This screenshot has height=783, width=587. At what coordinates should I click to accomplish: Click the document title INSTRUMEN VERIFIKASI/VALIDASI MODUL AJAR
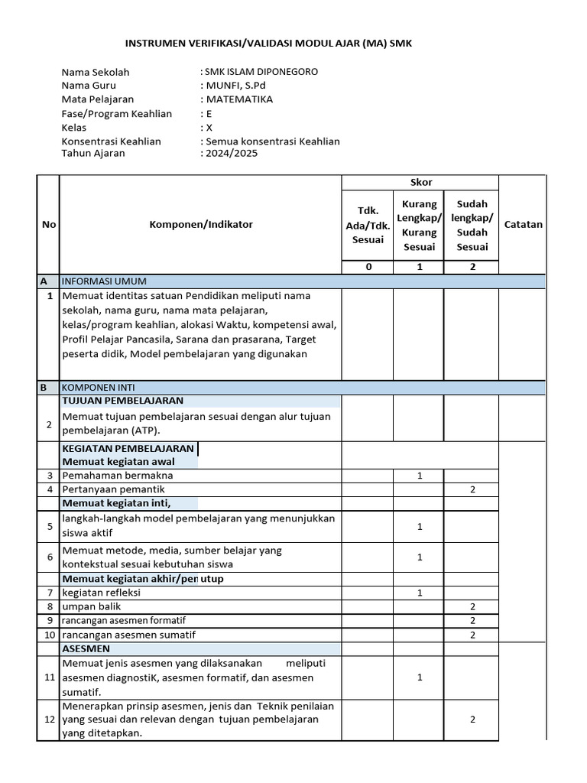[268, 44]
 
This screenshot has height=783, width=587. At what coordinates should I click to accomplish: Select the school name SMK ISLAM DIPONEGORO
[259, 72]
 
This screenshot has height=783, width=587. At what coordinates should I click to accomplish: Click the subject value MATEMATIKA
[238, 99]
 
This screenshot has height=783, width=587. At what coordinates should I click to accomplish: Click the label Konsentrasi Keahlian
[111, 141]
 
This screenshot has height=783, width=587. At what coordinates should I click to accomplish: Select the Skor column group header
[420, 182]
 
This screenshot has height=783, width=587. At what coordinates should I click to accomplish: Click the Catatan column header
[523, 225]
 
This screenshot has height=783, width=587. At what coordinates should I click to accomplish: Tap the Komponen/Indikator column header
[200, 225]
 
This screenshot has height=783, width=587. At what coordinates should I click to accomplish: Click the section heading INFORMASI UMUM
[104, 281]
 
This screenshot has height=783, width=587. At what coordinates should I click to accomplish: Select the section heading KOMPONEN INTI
[99, 388]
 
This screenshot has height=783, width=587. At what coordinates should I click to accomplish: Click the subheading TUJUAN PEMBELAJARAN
[122, 401]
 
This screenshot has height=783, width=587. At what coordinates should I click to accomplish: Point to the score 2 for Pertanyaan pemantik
[472, 489]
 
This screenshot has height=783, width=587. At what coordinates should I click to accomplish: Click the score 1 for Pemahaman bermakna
[420, 476]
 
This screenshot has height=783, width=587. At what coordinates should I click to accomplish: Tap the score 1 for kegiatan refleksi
[420, 593]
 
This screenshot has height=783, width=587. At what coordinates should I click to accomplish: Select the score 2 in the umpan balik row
[472, 606]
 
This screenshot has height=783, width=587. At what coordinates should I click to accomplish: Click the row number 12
[49, 720]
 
